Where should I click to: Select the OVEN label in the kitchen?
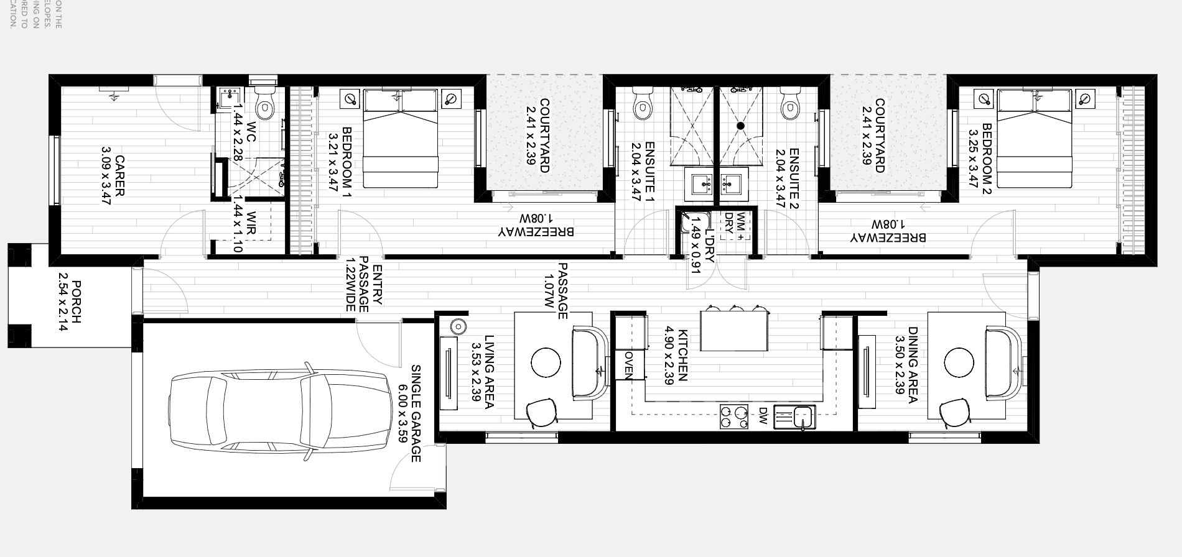pos(628,365)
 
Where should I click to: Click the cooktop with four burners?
pos(733,417)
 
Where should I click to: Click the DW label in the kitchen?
pos(763,417)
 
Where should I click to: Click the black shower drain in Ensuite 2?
pos(740,126)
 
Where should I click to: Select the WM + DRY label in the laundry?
pos(735,226)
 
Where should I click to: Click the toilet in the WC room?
pos(265,106)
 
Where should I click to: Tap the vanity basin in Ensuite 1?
pos(704,184)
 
